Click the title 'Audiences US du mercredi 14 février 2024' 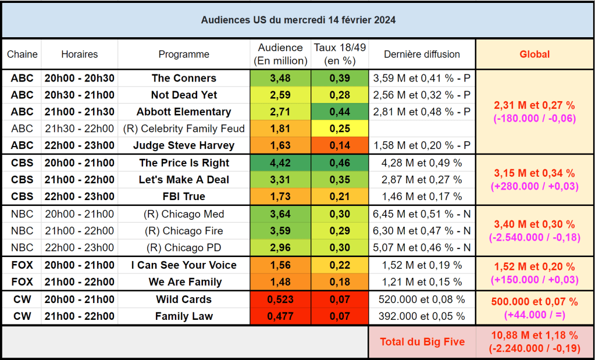(298, 20)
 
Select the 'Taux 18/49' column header (340, 54)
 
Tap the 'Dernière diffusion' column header (422, 54)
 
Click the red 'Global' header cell (534, 54)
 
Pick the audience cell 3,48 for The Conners (280, 78)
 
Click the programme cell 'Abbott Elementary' (184, 112)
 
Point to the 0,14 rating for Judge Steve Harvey (340, 145)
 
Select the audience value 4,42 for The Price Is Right (280, 163)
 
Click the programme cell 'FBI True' (184, 197)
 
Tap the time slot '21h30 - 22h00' (79, 129)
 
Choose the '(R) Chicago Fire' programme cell (184, 231)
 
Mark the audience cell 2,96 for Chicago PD (280, 248)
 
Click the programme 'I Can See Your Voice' (184, 265)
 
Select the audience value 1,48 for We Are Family (280, 282)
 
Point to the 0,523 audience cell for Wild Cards (280, 300)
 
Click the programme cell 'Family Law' (184, 316)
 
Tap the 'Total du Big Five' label (422, 342)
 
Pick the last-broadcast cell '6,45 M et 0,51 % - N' (422, 214)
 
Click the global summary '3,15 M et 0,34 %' (534, 173)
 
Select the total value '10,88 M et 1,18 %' (534, 336)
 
